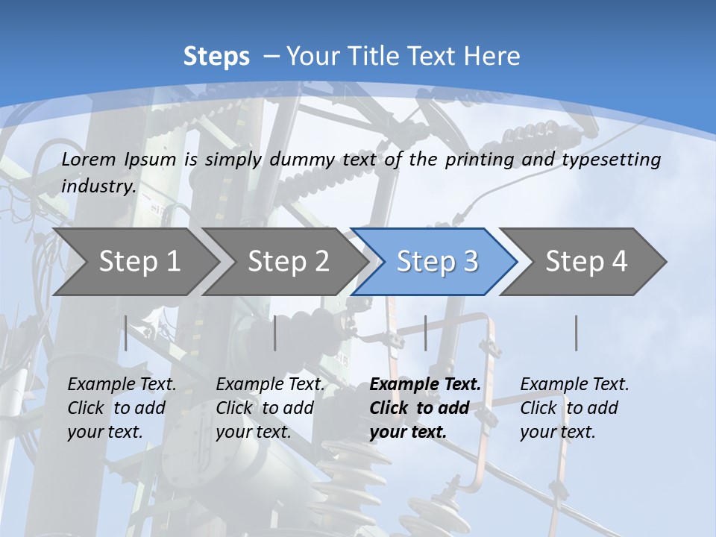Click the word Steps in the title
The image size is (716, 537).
pyautogui.click(x=216, y=57)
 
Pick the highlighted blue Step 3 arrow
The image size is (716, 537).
pyautogui.click(x=437, y=261)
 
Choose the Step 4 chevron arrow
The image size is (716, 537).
pyautogui.click(x=586, y=261)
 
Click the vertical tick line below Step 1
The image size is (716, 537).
pyautogui.click(x=126, y=333)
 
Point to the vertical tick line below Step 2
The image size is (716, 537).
pyautogui.click(x=275, y=333)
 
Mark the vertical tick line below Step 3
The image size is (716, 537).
pyautogui.click(x=425, y=333)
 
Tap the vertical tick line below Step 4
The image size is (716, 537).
pyautogui.click(x=576, y=333)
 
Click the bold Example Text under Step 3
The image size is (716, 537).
pyautogui.click(x=425, y=385)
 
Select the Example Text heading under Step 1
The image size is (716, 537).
pyautogui.click(x=122, y=385)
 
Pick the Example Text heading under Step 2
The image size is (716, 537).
pyautogui.click(x=270, y=385)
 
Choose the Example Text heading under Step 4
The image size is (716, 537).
pyautogui.click(x=574, y=385)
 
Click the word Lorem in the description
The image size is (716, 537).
pyautogui.click(x=89, y=160)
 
